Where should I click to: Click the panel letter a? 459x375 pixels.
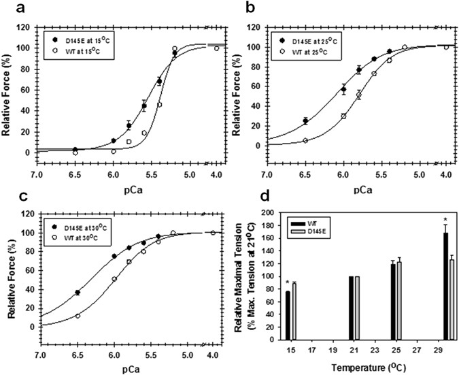coord(9,9)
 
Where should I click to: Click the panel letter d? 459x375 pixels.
coord(265,197)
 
